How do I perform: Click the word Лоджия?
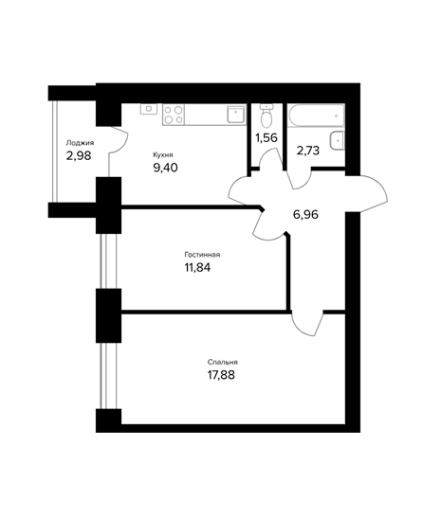click(80, 143)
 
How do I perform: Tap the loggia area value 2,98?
click(79, 155)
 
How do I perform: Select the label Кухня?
click(163, 154)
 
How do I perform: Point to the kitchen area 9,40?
click(165, 168)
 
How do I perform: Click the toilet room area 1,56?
click(266, 137)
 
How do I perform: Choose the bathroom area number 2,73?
click(308, 151)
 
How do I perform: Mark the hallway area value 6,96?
click(305, 214)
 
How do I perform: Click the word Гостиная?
click(202, 255)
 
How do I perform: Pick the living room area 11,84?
click(197, 267)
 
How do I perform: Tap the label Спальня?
click(222, 362)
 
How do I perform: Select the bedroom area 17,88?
click(221, 375)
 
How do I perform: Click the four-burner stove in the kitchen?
click(174, 115)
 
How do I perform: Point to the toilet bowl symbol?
click(266, 116)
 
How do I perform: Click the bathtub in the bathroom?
click(316, 116)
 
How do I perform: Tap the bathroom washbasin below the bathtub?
click(338, 141)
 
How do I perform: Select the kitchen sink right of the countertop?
click(236, 115)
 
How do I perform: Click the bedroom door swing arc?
click(306, 324)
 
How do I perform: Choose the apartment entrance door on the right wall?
click(366, 194)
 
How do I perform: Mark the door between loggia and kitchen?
click(119, 140)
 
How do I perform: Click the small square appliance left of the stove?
click(149, 109)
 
